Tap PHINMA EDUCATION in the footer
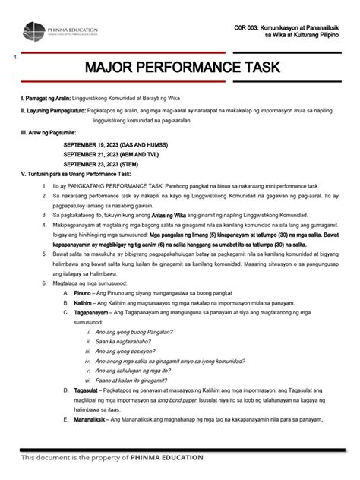coord(166,458)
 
